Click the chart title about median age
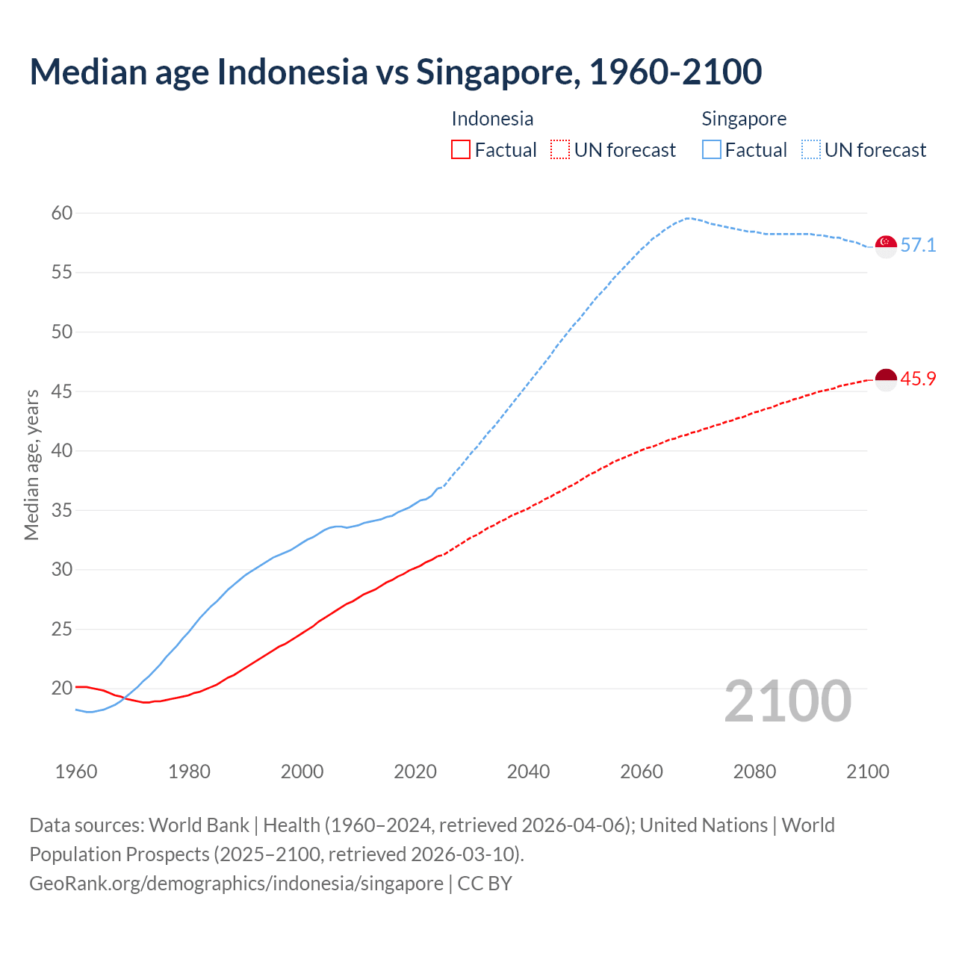click(x=395, y=72)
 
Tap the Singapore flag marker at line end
click(x=886, y=246)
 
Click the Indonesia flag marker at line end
click(x=886, y=379)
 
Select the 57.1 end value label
click(x=918, y=246)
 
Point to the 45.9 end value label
click(x=918, y=379)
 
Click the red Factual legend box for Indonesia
click(x=461, y=150)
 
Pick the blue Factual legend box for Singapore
click(x=711, y=150)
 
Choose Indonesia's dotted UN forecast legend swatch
click(x=560, y=150)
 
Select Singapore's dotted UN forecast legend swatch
click(x=810, y=150)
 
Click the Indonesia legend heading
click(x=492, y=119)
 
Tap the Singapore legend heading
click(x=744, y=119)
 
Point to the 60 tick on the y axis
click(x=62, y=214)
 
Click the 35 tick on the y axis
click(x=62, y=511)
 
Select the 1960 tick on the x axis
click(x=76, y=772)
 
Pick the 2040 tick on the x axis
click(x=528, y=772)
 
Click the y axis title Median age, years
click(x=31, y=465)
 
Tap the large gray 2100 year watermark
click(x=787, y=701)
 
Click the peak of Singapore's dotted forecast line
click(x=687, y=218)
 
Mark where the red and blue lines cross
click(x=123, y=698)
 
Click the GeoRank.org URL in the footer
click(x=236, y=884)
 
